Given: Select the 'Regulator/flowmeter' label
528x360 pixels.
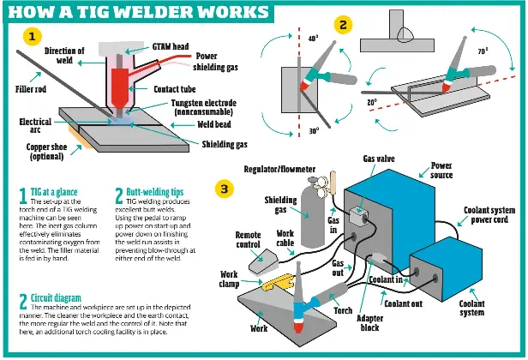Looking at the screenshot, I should [277, 171].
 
